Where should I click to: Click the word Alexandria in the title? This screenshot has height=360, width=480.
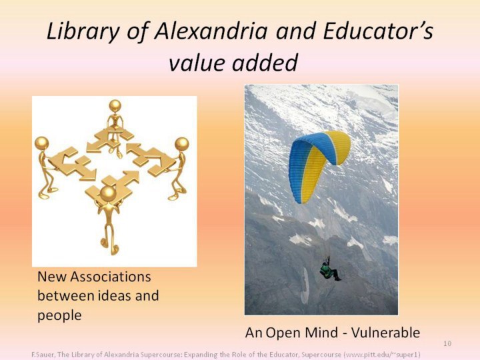[x=211, y=31]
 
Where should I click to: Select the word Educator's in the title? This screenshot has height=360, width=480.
[x=378, y=31]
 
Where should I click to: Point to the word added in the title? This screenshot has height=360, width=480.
[x=265, y=63]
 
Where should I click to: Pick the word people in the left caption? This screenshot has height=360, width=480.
[x=59, y=315]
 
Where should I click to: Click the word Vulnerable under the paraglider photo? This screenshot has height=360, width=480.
[x=385, y=333]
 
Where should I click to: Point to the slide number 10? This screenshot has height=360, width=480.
[x=447, y=343]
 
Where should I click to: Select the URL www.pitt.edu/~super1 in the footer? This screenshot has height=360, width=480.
[x=382, y=355]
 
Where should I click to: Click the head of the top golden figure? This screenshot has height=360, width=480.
[x=115, y=106]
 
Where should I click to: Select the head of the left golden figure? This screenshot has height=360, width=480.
[x=41, y=143]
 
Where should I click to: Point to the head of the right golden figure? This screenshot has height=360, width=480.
[x=182, y=144]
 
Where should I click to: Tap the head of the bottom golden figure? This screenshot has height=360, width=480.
[x=108, y=193]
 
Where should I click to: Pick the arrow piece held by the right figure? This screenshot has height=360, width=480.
[x=151, y=159]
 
